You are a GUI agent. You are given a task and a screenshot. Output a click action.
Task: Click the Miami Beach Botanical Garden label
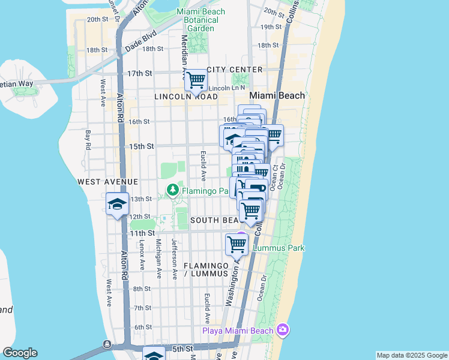201,20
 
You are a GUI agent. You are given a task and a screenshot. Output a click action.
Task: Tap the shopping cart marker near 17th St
196,80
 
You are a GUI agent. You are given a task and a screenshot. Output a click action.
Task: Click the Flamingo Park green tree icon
173,190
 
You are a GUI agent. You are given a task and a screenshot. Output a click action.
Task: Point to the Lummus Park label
279,248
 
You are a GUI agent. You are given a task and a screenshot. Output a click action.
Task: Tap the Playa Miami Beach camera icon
283,330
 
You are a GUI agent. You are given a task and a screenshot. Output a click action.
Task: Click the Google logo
20,353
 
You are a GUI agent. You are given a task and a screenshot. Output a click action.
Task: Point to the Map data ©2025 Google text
411,355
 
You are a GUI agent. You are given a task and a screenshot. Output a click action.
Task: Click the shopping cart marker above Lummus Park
237,244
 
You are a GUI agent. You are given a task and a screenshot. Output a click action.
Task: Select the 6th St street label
143,327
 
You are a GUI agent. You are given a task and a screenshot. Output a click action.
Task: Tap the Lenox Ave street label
142,255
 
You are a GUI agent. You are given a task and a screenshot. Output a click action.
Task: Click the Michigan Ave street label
158,259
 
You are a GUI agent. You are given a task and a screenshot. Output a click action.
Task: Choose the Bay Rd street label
88,140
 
